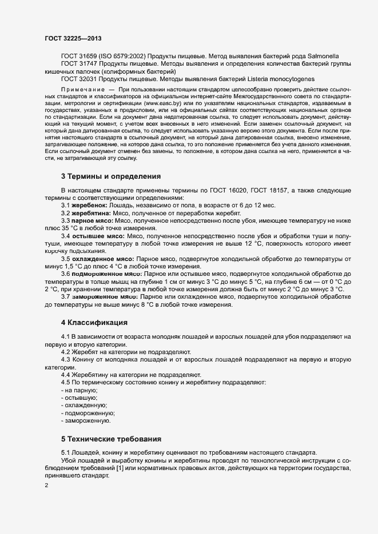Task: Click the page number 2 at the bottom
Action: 46,486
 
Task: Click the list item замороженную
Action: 86,421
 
